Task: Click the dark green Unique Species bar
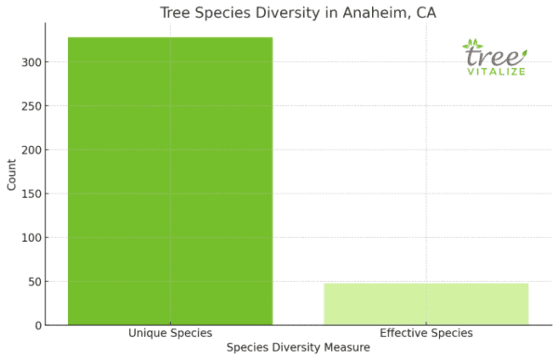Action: point(170,180)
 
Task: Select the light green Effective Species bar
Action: point(426,304)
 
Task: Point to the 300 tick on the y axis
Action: point(30,62)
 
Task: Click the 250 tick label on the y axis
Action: point(30,106)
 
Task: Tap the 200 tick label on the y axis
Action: point(30,150)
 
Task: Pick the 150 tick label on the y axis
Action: point(30,193)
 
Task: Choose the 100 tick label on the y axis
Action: point(30,237)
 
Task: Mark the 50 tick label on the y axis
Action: point(33,281)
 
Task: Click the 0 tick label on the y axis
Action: point(36,326)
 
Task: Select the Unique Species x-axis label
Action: point(170,333)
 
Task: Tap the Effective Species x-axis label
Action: point(426,333)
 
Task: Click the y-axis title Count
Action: point(11,175)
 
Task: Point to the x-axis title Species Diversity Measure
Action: point(299,347)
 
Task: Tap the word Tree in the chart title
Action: point(176,12)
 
